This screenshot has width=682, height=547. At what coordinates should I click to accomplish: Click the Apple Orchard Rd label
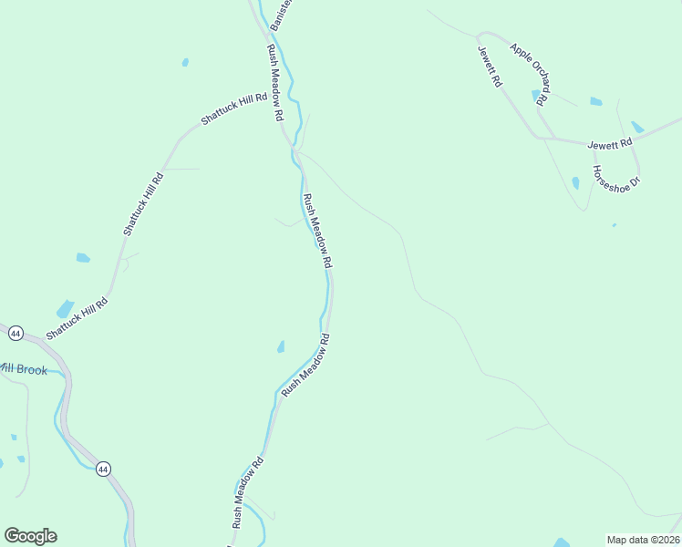click(x=530, y=73)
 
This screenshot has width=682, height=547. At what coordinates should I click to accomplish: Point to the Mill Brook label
click(x=22, y=369)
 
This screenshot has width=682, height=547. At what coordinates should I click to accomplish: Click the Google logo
click(x=30, y=536)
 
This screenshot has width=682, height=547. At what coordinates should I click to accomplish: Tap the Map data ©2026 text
click(x=643, y=540)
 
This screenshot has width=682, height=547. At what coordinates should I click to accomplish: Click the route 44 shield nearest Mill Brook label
click(x=15, y=334)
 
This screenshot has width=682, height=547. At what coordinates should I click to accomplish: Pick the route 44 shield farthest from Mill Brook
click(x=103, y=469)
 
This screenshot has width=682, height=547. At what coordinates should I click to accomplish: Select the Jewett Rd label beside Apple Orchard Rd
click(x=490, y=67)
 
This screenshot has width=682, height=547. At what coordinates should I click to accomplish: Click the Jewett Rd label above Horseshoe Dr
click(x=609, y=144)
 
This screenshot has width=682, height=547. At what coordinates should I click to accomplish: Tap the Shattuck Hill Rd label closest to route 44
click(x=77, y=319)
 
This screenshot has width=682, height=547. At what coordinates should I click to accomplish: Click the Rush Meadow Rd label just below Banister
click(x=275, y=84)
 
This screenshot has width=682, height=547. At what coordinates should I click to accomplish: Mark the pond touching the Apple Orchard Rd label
click(x=536, y=94)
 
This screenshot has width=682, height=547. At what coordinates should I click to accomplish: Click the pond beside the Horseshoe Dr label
click(x=575, y=182)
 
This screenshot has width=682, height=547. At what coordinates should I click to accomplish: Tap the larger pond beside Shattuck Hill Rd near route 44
click(x=65, y=308)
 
